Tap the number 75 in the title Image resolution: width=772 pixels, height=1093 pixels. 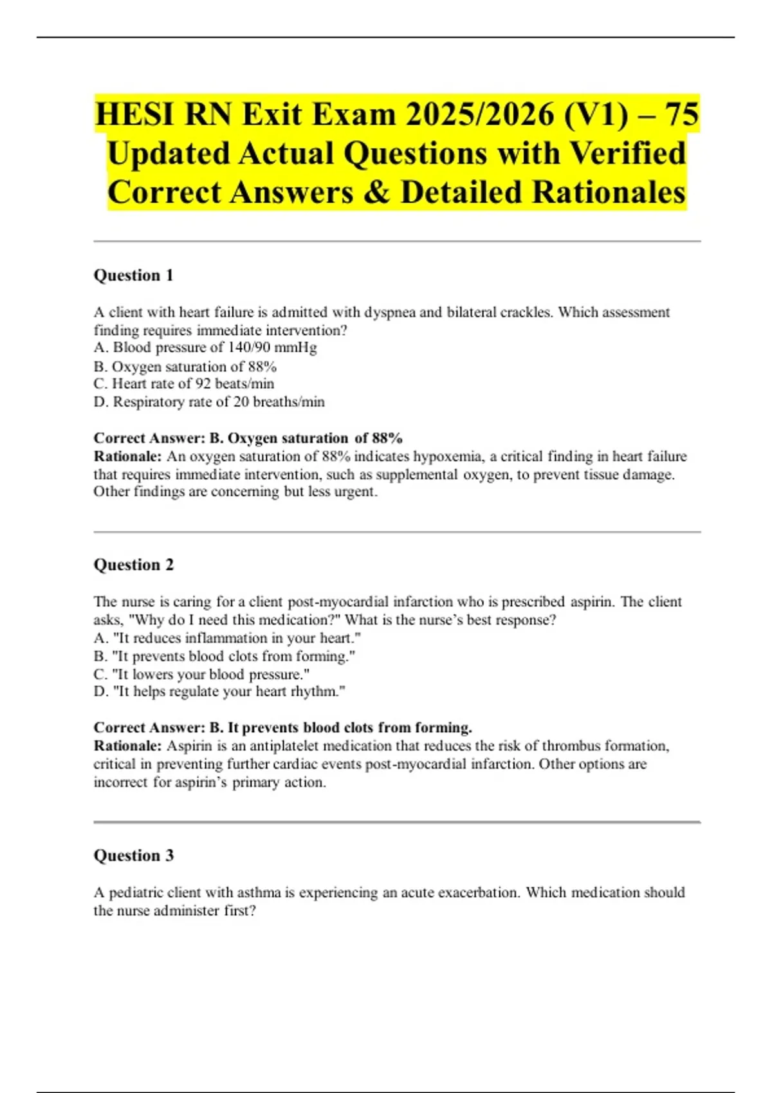681,114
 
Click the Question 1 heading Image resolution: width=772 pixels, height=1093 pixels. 133,275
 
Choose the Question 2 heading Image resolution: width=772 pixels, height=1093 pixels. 133,565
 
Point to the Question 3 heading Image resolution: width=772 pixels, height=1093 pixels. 133,855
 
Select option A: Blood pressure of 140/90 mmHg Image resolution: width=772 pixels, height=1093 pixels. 205,348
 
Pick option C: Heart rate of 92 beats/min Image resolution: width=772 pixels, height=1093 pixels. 184,384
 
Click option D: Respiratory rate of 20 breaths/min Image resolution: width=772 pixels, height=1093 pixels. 209,402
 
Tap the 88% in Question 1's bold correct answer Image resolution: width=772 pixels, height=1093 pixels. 387,438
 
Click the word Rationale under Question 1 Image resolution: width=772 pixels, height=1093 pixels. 127,456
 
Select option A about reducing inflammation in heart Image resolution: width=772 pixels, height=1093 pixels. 227,638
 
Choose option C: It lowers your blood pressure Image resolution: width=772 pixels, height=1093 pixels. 201,674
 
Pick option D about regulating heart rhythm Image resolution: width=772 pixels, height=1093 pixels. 219,692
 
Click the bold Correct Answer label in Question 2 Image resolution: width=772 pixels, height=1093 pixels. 149,728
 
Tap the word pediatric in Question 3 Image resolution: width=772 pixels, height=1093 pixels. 136,892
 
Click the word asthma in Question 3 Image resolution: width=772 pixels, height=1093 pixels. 259,892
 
